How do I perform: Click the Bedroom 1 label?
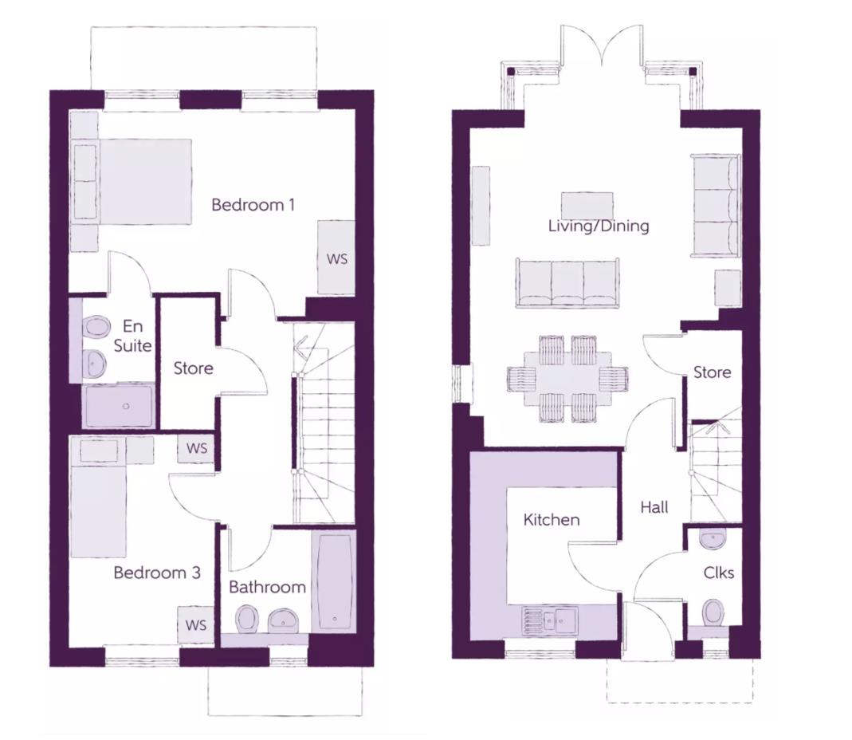(x=253, y=205)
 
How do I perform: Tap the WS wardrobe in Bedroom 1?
(x=336, y=258)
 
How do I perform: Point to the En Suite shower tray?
(x=119, y=406)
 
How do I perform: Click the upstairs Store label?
(x=193, y=368)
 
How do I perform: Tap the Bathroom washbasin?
(x=283, y=620)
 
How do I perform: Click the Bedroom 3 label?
(x=157, y=573)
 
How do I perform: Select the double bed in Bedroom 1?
(x=132, y=181)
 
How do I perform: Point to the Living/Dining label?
(x=599, y=226)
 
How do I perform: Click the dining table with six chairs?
(x=567, y=379)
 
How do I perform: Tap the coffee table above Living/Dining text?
(x=587, y=205)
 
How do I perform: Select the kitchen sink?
(x=551, y=620)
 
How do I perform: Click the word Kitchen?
(x=551, y=520)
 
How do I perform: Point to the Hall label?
(x=654, y=508)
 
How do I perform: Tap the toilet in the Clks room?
(x=713, y=612)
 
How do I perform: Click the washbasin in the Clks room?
(x=713, y=539)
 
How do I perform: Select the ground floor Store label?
(x=712, y=372)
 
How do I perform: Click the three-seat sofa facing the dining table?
(x=567, y=283)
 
